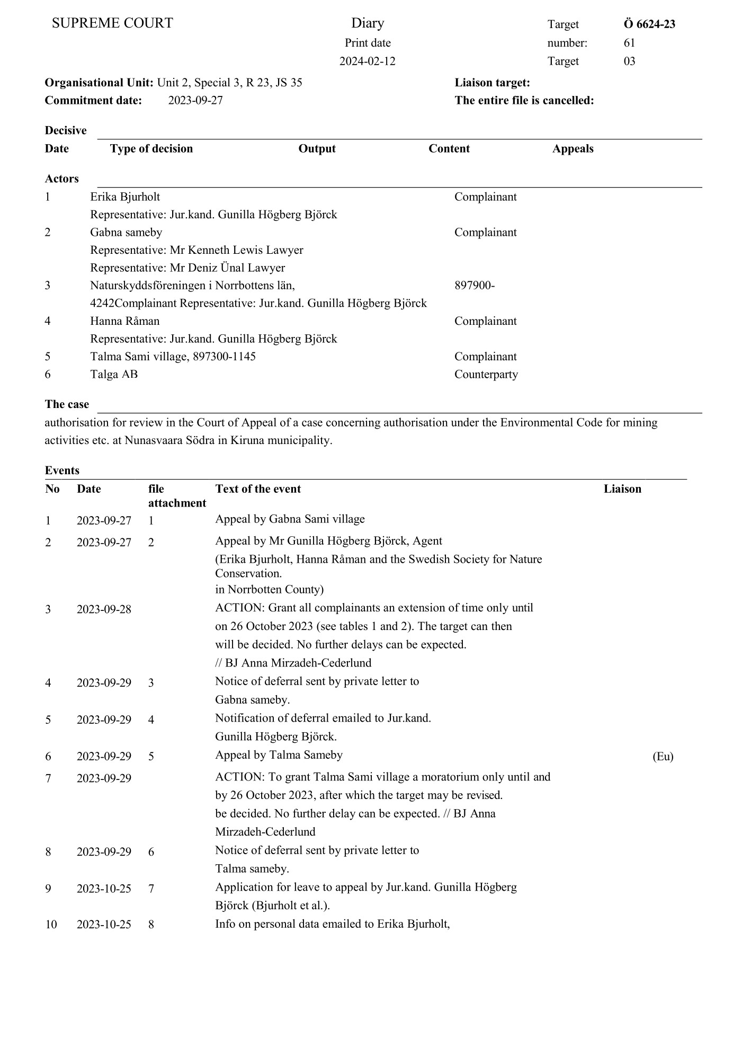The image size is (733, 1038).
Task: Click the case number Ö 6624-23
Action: click(x=649, y=24)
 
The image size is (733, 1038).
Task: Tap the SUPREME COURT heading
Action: click(x=112, y=23)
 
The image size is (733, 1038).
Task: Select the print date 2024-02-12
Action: click(x=367, y=61)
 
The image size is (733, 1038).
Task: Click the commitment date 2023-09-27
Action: click(x=195, y=100)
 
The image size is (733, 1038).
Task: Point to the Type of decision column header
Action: click(x=151, y=148)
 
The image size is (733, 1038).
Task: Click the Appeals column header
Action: click(x=573, y=148)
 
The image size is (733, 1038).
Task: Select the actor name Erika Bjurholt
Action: click(x=125, y=197)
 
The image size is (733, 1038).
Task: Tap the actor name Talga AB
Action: click(x=114, y=374)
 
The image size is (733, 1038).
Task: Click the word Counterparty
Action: click(x=486, y=374)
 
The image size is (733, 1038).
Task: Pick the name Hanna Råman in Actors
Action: click(x=124, y=321)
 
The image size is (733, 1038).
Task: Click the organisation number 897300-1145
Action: click(x=224, y=356)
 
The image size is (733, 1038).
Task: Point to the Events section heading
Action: click(x=62, y=470)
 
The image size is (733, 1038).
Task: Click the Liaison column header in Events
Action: click(x=622, y=489)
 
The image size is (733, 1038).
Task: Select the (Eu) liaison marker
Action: click(x=663, y=756)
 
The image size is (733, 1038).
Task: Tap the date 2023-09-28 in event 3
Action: click(x=104, y=609)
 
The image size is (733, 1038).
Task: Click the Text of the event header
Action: click(x=258, y=489)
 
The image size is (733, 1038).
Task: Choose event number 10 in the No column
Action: click(x=51, y=924)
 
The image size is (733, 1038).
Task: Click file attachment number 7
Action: click(x=151, y=888)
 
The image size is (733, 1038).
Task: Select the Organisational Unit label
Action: click(x=99, y=83)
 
